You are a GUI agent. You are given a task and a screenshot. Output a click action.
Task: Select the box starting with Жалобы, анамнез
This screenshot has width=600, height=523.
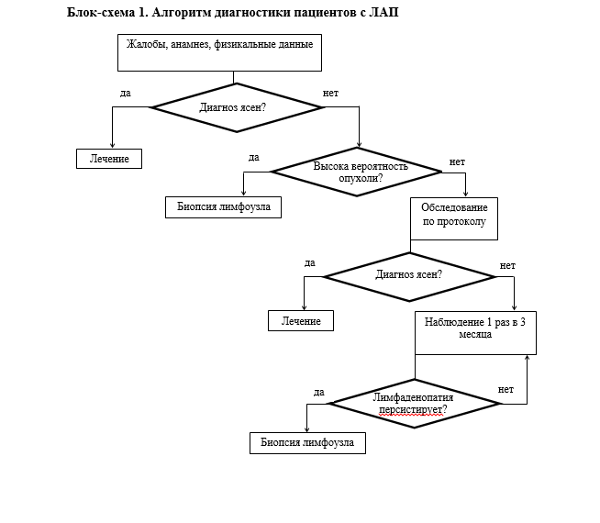[x=219, y=52]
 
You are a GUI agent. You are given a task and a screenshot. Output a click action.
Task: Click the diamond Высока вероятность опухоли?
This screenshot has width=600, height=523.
[x=356, y=172]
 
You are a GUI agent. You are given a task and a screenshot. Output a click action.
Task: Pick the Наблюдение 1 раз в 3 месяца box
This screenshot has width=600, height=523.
[x=475, y=332]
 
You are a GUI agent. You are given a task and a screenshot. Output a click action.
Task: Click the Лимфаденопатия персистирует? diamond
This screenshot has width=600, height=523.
[x=414, y=404]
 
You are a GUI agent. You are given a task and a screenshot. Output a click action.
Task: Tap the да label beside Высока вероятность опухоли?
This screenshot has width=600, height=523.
[x=254, y=157]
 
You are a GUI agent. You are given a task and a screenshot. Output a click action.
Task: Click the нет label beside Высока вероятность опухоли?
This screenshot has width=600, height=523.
[x=457, y=162]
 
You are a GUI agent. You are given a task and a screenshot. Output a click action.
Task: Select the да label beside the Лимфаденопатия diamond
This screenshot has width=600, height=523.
[x=318, y=392]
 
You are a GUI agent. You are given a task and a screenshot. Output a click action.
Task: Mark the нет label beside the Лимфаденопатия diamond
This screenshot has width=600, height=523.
[x=506, y=389]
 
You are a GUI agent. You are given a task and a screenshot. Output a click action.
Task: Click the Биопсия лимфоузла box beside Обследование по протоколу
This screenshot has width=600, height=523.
[x=223, y=207]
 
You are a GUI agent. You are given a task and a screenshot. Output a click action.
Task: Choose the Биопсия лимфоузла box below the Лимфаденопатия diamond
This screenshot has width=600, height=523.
[x=307, y=442]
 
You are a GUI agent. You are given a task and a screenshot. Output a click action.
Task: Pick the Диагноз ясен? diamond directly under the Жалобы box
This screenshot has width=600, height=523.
[x=238, y=107]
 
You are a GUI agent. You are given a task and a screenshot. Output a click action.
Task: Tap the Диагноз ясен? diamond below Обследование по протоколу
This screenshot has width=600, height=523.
[x=409, y=274]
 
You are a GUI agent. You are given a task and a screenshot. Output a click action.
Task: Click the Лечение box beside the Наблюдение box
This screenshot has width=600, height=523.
[x=300, y=321]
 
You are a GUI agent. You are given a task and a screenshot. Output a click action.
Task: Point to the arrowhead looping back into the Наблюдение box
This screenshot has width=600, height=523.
[x=527, y=359]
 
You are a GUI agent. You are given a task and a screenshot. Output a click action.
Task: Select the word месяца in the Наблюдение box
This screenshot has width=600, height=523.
[x=475, y=335]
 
